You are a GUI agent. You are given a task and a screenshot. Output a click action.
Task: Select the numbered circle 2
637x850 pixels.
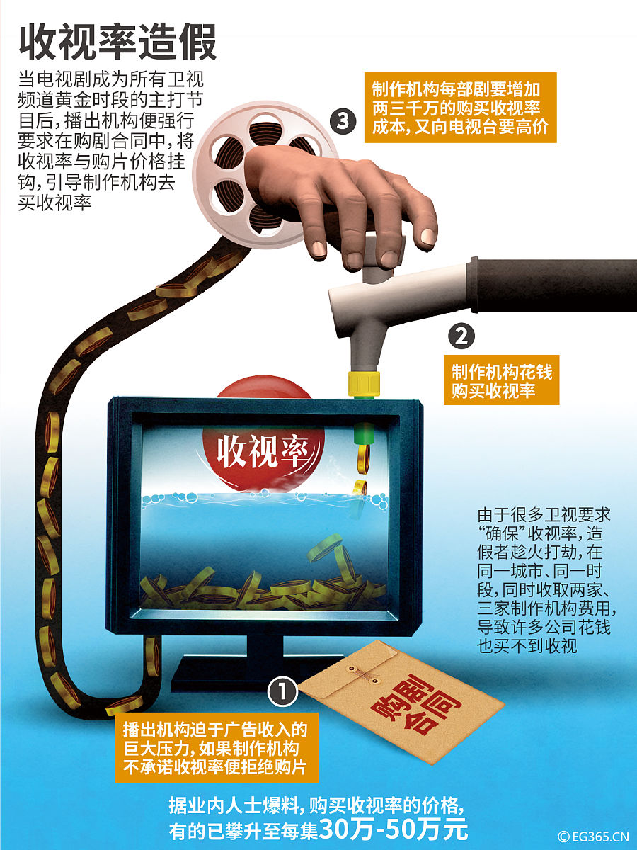click(462, 334)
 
